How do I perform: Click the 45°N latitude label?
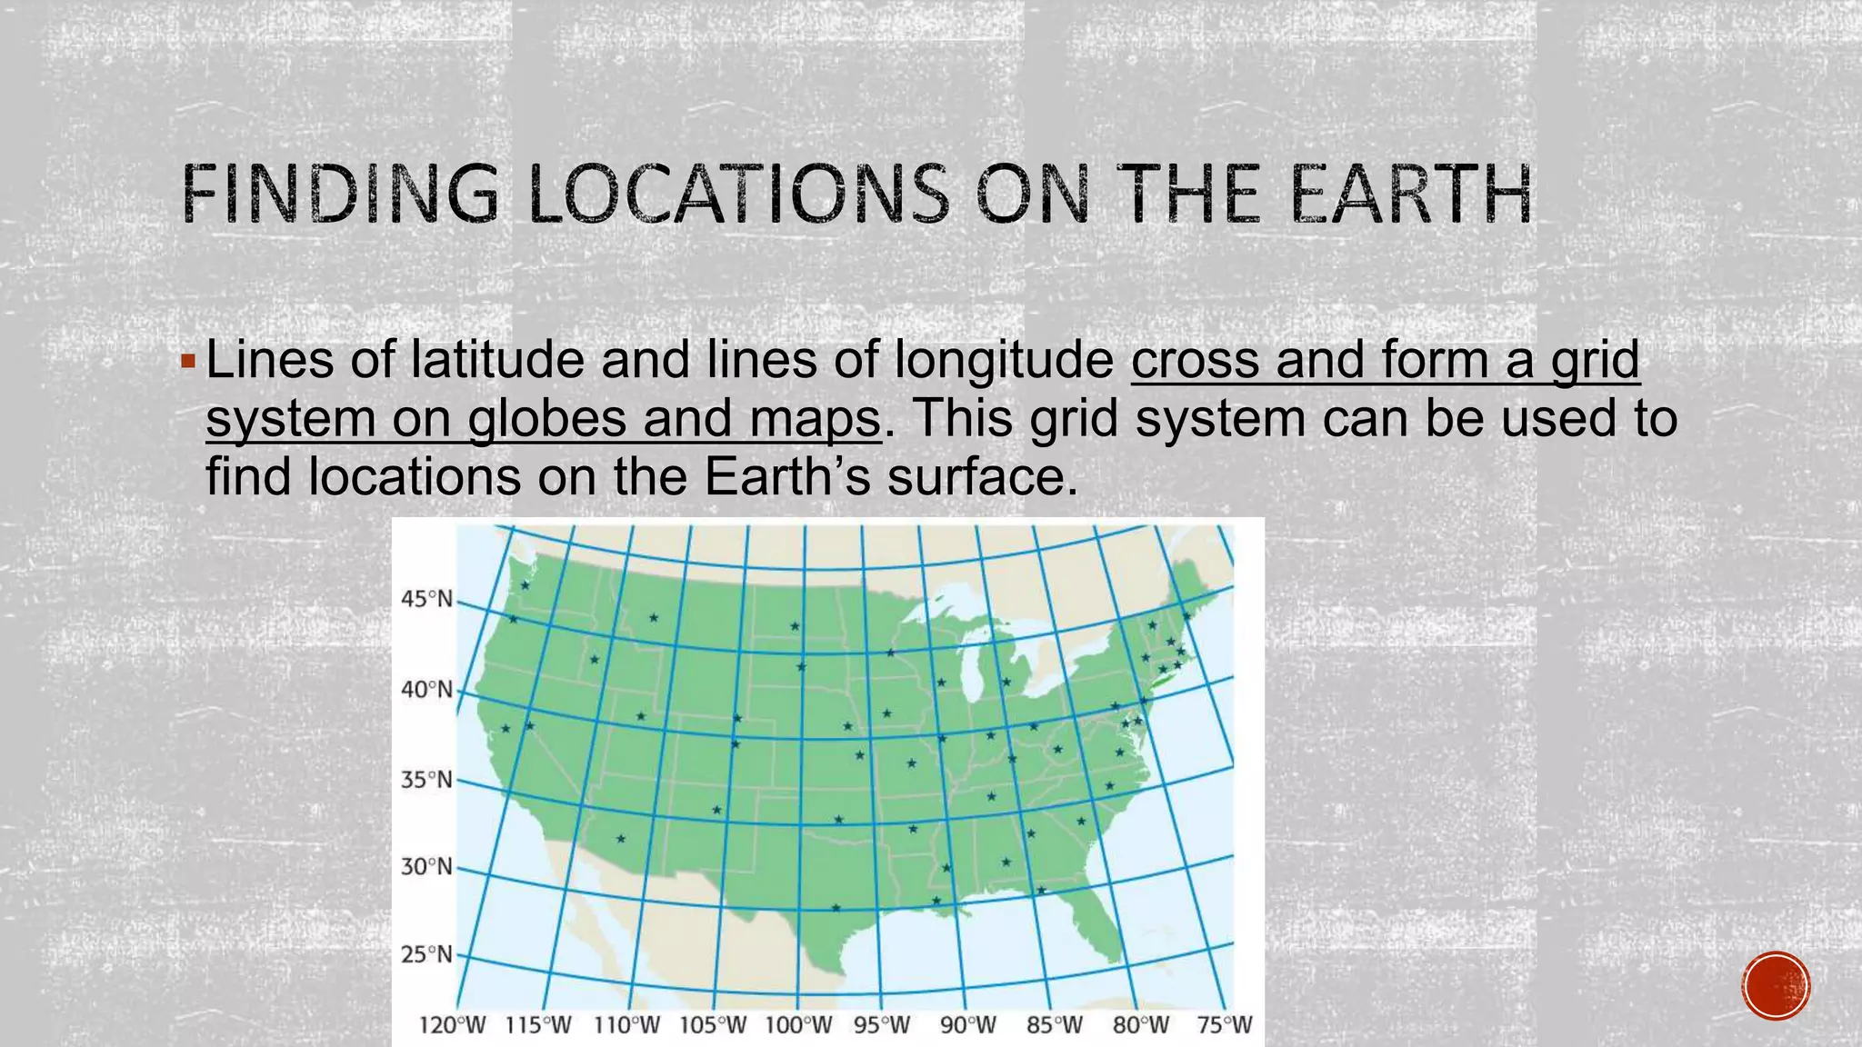coord(426,599)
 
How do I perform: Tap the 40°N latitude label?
coord(426,690)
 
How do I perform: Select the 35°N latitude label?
coord(426,780)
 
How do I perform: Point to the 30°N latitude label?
coord(426,866)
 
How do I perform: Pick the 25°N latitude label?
coord(426,954)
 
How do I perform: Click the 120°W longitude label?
coord(452,1025)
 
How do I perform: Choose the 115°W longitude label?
coord(538,1025)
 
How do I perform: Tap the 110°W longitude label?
coord(626,1025)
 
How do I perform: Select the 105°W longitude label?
coord(713,1025)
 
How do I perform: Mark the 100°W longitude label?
coord(798,1025)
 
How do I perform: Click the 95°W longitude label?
coord(881,1025)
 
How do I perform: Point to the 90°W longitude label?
coord(967,1025)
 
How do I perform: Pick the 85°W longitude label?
coord(1055,1025)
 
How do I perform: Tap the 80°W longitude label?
coord(1141,1025)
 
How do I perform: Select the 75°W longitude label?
coord(1225,1025)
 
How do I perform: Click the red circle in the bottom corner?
coord(1777,986)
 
